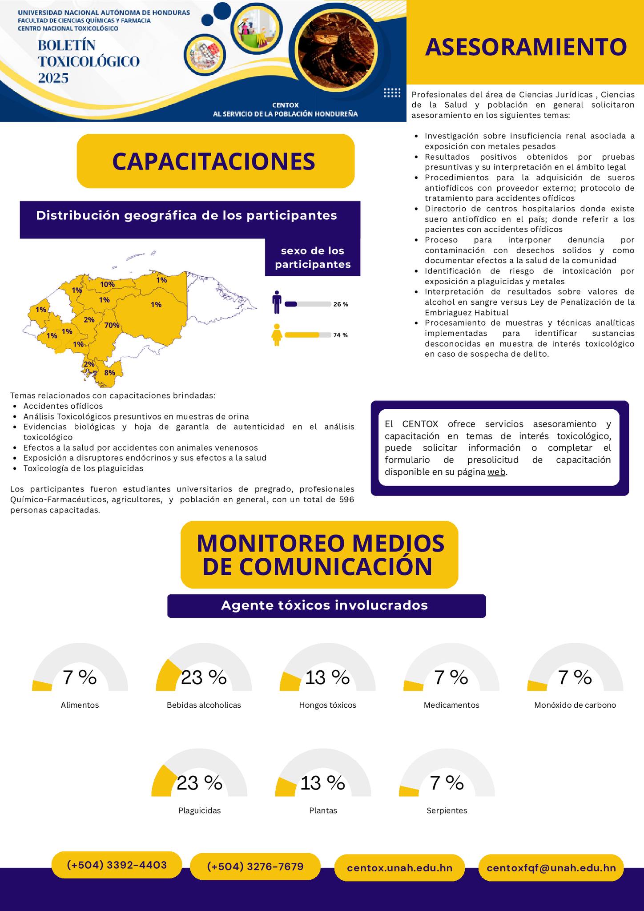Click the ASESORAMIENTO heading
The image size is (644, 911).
(526, 47)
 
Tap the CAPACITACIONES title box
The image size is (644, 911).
(215, 161)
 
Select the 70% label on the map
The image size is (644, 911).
(112, 325)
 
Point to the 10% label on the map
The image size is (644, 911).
(107, 284)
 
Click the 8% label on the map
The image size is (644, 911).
(109, 373)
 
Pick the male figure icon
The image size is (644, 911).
(277, 302)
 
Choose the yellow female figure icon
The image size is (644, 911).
(277, 335)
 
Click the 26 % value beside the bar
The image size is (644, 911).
(340, 305)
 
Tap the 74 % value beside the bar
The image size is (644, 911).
(340, 335)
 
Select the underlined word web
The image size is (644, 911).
(496, 472)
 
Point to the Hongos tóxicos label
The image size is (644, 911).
(327, 705)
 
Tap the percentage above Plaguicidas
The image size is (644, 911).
(199, 783)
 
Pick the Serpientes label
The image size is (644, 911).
(447, 810)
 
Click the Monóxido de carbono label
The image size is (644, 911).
(575, 705)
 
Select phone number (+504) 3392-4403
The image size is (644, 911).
(117, 865)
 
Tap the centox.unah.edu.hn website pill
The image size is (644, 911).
(399, 868)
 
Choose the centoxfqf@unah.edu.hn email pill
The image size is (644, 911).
(551, 868)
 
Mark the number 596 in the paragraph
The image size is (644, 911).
(346, 500)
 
